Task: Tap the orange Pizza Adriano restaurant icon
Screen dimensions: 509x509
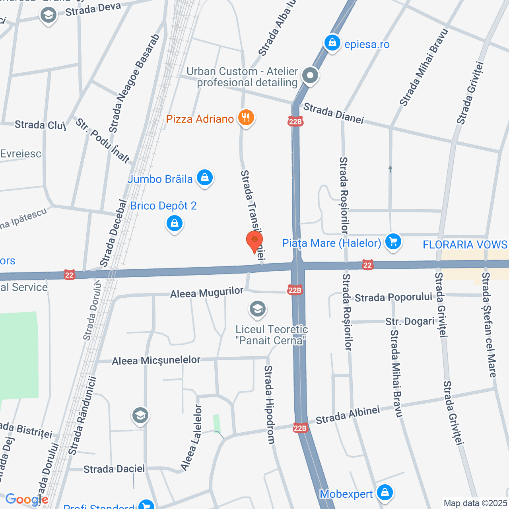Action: (246, 118)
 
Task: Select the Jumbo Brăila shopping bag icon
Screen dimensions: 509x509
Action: (205, 178)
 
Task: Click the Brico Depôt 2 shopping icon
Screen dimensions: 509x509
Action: (174, 224)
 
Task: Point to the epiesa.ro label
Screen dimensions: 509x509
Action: (367, 45)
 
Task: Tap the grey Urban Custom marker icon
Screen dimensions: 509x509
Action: (310, 76)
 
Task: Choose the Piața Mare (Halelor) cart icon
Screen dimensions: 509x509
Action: (393, 242)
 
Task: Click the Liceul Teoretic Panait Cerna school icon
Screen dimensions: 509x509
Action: (258, 309)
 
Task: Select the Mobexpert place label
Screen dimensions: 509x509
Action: (346, 494)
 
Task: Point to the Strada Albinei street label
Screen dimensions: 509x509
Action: (348, 415)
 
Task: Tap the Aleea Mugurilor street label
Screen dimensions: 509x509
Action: (206, 293)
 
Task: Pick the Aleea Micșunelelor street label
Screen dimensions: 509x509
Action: (156, 361)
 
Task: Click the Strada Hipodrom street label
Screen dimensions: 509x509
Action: (270, 405)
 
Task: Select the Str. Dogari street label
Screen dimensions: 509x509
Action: (410, 321)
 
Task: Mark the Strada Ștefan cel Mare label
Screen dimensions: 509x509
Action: (489, 324)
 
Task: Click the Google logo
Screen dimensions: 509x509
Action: (27, 500)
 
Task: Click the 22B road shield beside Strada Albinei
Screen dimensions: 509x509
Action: (300, 428)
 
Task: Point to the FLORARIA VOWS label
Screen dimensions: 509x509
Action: (465, 245)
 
